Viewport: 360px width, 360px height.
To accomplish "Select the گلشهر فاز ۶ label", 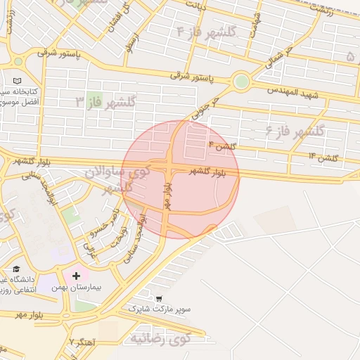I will (x=295, y=131).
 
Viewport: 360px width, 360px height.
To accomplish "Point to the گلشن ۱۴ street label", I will (x=323, y=156).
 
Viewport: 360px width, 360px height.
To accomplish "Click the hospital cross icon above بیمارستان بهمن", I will (x=76, y=276).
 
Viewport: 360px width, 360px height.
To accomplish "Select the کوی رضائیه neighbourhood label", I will (x=160, y=338).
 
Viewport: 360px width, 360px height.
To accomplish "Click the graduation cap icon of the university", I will (x=16, y=269).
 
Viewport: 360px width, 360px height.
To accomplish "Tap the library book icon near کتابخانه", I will (x=16, y=81).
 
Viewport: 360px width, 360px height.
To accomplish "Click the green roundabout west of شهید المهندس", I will (x=241, y=82).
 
